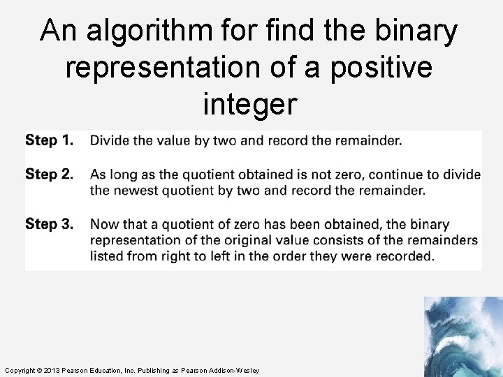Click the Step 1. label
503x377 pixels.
click(x=49, y=140)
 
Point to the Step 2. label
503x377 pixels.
click(x=49, y=174)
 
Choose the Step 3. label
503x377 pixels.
click(x=49, y=224)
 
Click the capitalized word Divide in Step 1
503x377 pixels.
click(x=110, y=140)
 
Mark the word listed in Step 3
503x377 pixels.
click(x=106, y=256)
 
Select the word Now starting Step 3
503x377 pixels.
click(x=105, y=224)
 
